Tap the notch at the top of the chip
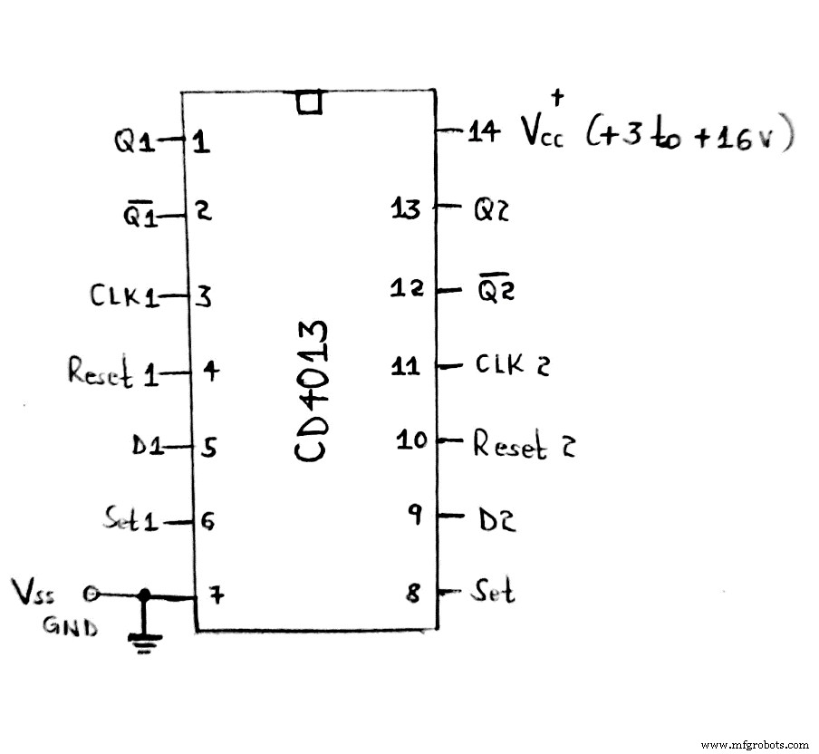[x=309, y=102]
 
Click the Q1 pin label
[x=134, y=141]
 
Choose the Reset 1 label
[x=112, y=371]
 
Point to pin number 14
[x=483, y=133]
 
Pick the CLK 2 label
[x=513, y=365]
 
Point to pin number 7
[x=217, y=595]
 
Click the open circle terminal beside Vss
[x=90, y=594]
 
